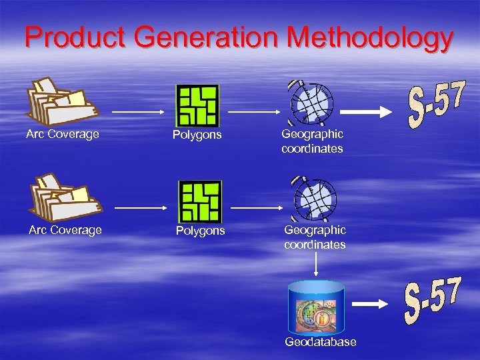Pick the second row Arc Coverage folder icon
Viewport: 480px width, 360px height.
[x=63, y=198]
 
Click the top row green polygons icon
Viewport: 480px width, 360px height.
[x=197, y=105]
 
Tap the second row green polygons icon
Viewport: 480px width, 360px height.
[x=200, y=201]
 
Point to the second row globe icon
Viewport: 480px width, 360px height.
[x=314, y=199]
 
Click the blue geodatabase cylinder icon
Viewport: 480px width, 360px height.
[x=315, y=306]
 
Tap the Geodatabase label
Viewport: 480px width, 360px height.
[x=321, y=342]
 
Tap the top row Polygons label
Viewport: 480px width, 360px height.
[x=197, y=135]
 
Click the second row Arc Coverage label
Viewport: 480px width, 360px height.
[x=65, y=230]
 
